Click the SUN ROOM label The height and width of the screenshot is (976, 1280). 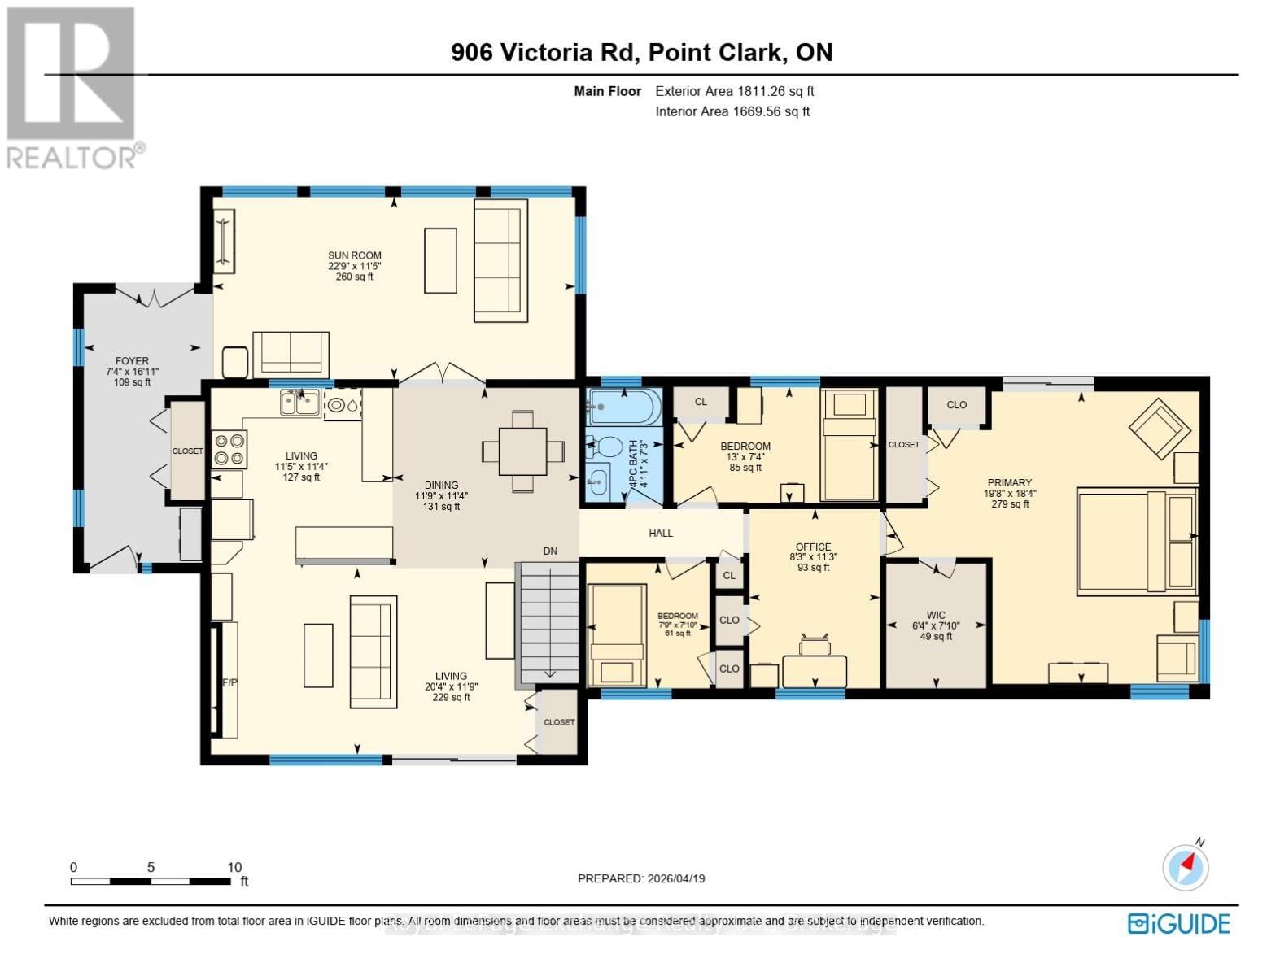pyautogui.click(x=355, y=255)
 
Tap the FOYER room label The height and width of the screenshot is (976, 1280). pyautogui.click(x=132, y=361)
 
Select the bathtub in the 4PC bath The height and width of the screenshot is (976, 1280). pyautogui.click(x=623, y=407)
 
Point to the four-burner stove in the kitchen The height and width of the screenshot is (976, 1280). pyautogui.click(x=229, y=450)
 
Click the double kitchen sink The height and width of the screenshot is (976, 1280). pyautogui.click(x=299, y=403)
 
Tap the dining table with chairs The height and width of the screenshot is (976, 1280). pyautogui.click(x=522, y=451)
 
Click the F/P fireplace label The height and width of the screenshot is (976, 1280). pyautogui.click(x=229, y=682)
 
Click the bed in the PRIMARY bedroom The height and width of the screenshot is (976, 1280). pyautogui.click(x=1136, y=540)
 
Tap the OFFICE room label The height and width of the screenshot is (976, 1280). pyautogui.click(x=814, y=547)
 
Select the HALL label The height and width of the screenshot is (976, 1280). pyautogui.click(x=661, y=534)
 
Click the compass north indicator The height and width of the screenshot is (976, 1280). pyautogui.click(x=1186, y=867)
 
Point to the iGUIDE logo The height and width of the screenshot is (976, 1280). pyautogui.click(x=1178, y=924)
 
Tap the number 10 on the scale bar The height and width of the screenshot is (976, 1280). pyautogui.click(x=234, y=867)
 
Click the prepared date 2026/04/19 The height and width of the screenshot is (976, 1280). pyautogui.click(x=675, y=878)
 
